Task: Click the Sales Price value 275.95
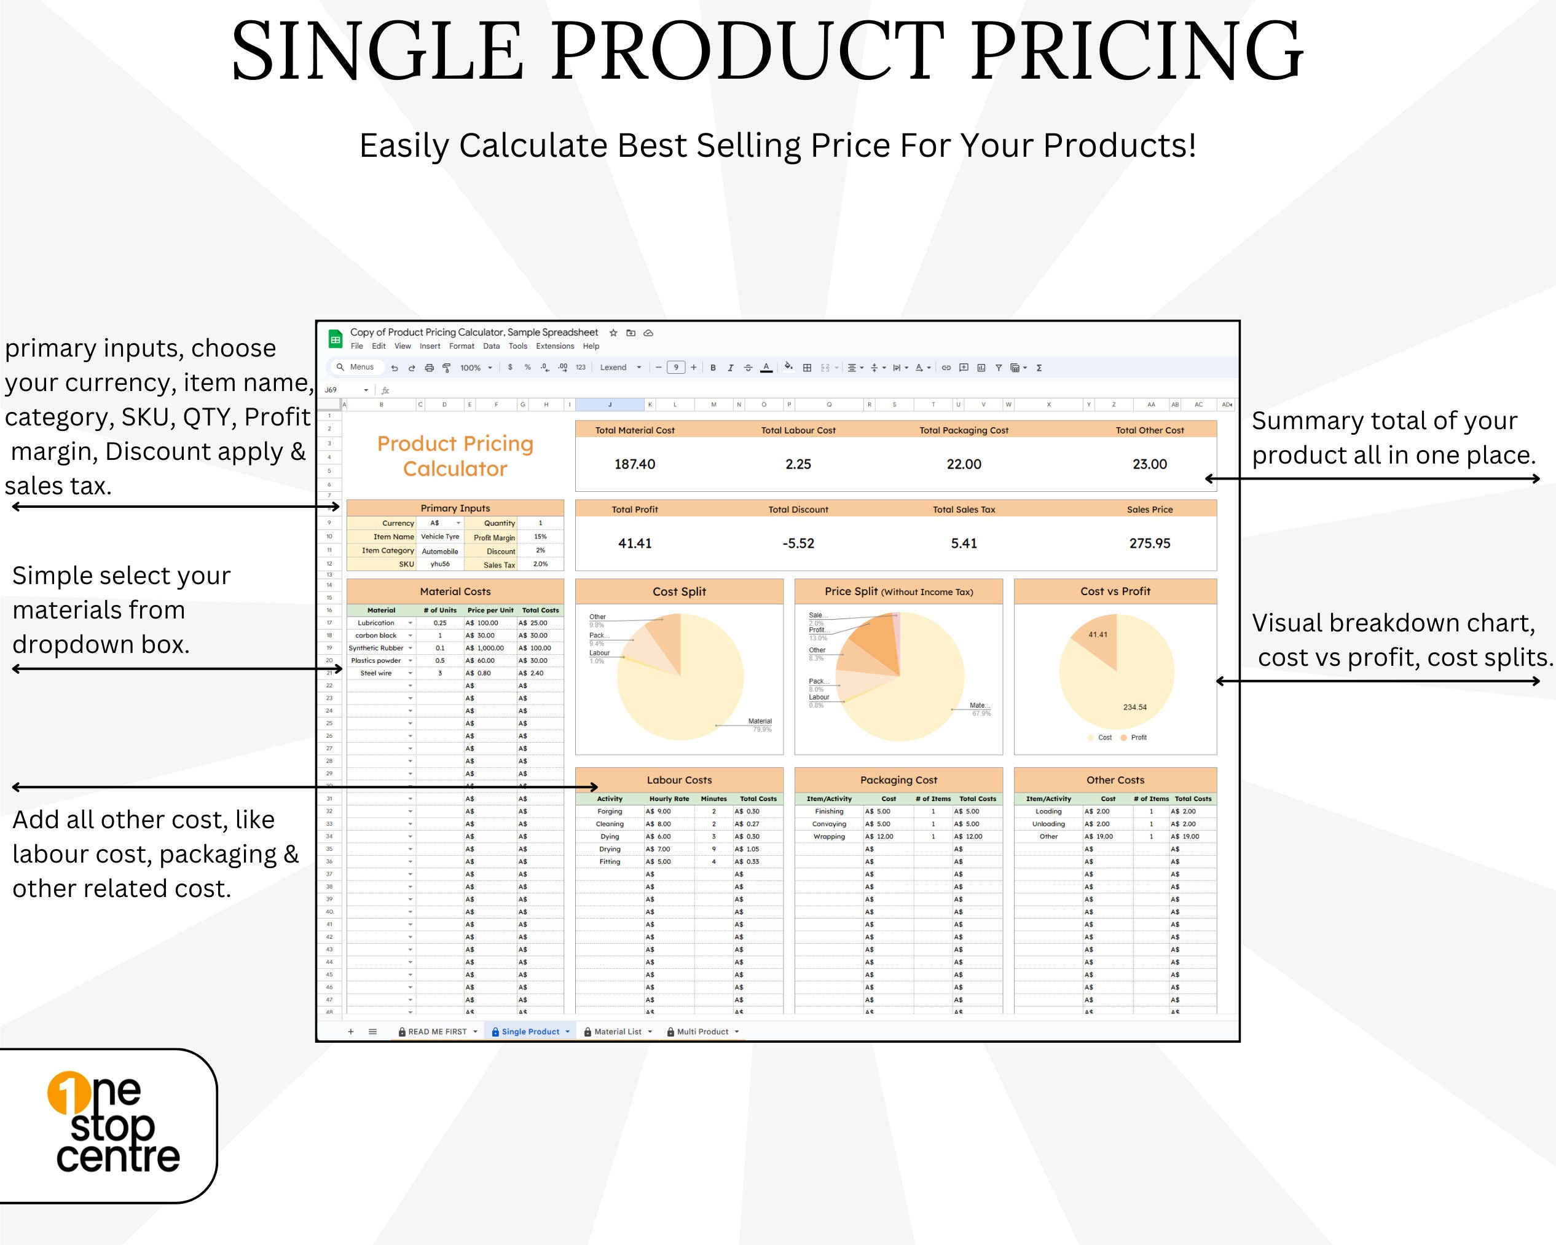pos(1149,543)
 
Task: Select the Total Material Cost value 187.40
pos(634,464)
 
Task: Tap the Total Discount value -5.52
pos(798,543)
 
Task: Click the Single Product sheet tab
pos(530,1031)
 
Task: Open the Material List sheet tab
pos(617,1031)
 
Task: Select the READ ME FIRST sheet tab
pos(437,1031)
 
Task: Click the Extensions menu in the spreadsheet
pos(554,346)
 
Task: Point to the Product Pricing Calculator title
pos(455,456)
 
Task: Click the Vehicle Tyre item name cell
pos(439,537)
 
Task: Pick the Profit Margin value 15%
pos(540,537)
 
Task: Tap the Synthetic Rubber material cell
pos(376,648)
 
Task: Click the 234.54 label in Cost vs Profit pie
pos(1134,707)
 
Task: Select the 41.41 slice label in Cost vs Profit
pos(1098,634)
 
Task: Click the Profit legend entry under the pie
pos(1138,737)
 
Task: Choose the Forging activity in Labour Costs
pos(609,811)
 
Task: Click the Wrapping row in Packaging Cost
pos(828,836)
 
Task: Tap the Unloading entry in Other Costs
pos(1048,824)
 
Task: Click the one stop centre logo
pos(112,1125)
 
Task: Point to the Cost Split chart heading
pos(678,591)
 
